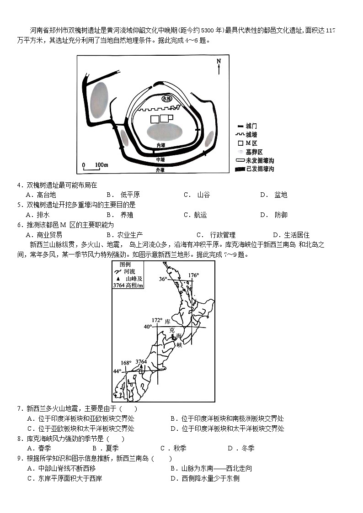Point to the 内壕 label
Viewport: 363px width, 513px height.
pos(160,145)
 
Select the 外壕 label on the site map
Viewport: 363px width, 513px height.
pos(160,170)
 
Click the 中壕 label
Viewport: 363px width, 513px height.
pos(160,159)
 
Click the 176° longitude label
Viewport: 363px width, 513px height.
pos(194,275)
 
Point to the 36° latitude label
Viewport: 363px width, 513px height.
pos(163,279)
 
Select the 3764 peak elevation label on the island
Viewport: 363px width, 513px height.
pos(141,362)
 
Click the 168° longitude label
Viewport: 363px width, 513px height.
pos(126,363)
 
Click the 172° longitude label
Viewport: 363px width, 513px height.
pos(157,320)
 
